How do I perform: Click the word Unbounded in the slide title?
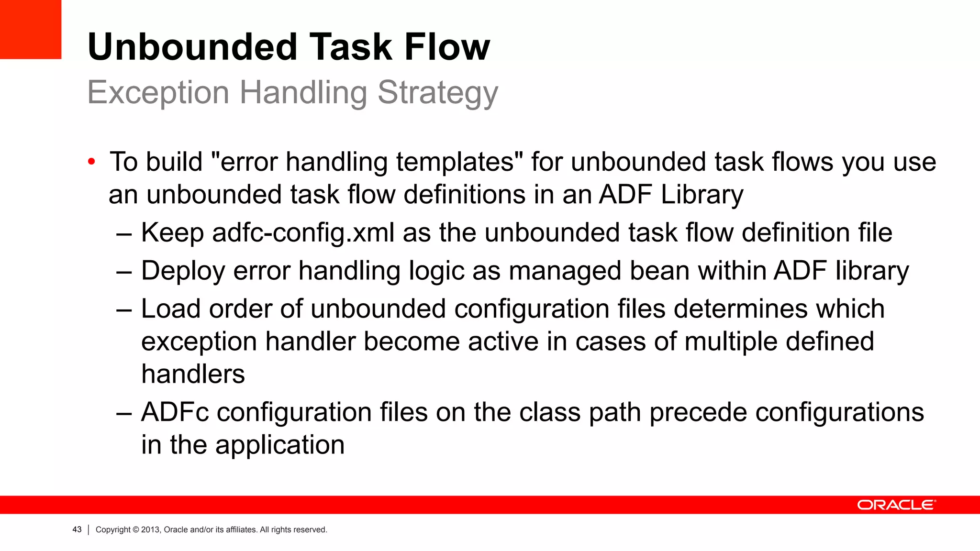[x=192, y=47]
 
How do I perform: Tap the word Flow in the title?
[x=447, y=47]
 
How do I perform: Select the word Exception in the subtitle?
[x=158, y=93]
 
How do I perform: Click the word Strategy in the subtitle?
[x=437, y=93]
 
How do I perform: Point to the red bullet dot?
[x=91, y=162]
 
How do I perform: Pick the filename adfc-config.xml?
[x=303, y=233]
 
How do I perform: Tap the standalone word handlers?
[x=193, y=374]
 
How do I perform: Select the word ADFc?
[x=175, y=412]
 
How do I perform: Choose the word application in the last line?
[x=279, y=445]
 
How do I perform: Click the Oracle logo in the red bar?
[x=896, y=505]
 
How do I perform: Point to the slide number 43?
[x=77, y=529]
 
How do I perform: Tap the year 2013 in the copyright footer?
[x=150, y=530]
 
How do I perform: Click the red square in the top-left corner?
[x=31, y=29]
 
